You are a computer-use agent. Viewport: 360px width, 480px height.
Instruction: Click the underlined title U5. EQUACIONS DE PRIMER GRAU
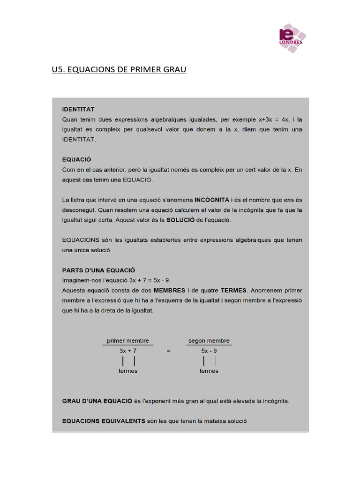[x=119, y=70]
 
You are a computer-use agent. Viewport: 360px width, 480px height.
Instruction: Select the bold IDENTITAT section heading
[x=77, y=109]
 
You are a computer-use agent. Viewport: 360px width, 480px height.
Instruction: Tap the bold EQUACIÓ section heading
[x=76, y=159]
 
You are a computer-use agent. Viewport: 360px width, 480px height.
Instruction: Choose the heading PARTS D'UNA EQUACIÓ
[x=98, y=270]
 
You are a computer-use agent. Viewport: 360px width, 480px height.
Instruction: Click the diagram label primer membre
[x=127, y=341]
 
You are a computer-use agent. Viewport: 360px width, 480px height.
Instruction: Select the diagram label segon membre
[x=209, y=341]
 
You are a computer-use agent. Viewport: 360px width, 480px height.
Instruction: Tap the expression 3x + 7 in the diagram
[x=127, y=351]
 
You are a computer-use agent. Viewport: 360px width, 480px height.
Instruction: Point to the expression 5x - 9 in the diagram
[x=209, y=351]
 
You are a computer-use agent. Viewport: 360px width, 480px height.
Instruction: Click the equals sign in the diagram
[x=168, y=351]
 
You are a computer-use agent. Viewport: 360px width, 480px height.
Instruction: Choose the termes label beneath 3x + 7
[x=128, y=371]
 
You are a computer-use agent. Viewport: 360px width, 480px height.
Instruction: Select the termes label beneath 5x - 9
[x=209, y=371]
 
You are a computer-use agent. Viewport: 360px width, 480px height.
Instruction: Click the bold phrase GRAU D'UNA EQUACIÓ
[x=97, y=401]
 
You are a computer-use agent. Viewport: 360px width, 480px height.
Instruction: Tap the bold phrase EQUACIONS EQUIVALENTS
[x=104, y=421]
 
